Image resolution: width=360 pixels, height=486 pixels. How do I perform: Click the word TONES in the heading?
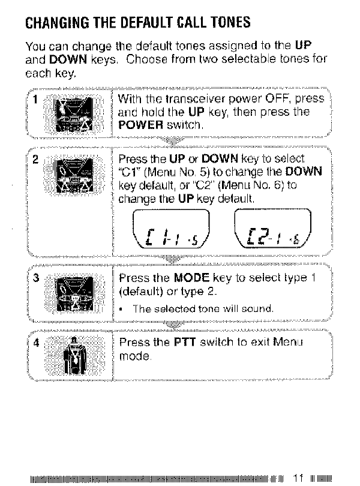225,25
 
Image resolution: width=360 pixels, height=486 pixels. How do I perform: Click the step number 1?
35,100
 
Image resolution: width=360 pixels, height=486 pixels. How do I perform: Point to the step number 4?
35,344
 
